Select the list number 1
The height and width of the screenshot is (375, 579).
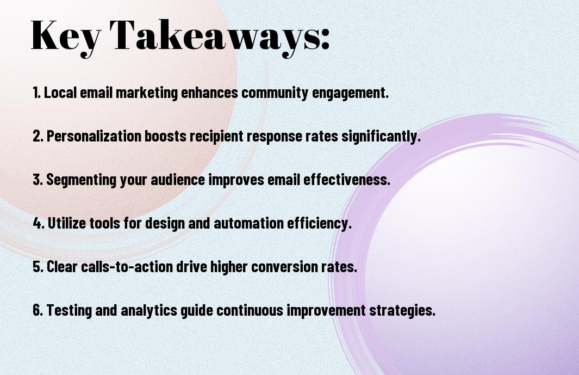tap(36, 92)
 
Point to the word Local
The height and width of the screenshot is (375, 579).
tap(60, 92)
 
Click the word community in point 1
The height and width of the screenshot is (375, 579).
tap(275, 93)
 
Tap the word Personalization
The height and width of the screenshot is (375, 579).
tap(94, 136)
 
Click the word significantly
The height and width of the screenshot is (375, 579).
tap(381, 137)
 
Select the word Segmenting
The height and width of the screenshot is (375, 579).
tap(81, 180)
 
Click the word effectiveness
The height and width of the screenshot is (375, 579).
tap(347, 180)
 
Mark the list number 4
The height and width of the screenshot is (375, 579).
tap(39, 223)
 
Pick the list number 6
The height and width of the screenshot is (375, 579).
tap(38, 310)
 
